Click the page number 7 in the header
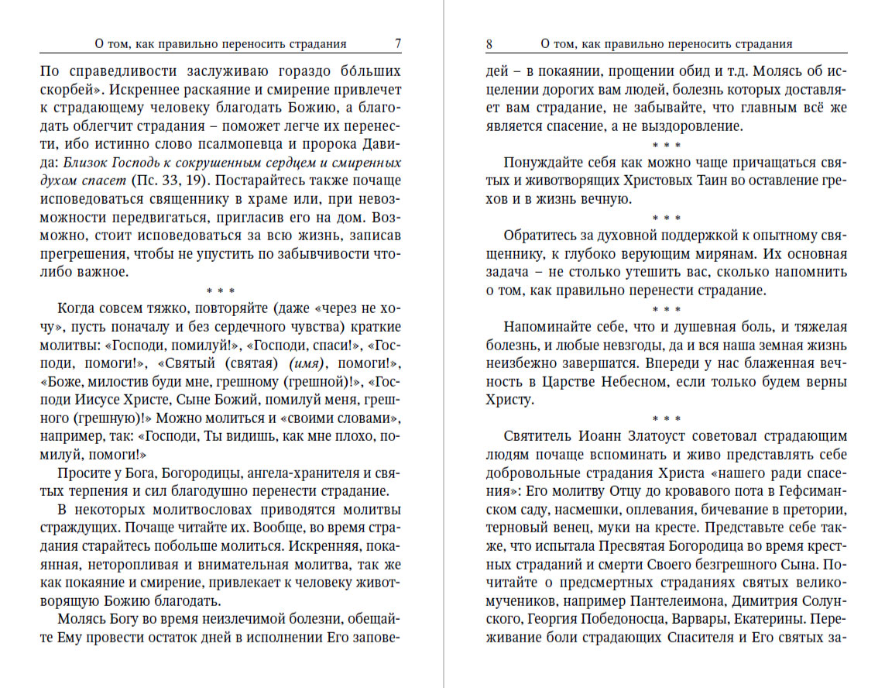[x=397, y=44]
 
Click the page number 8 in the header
[x=489, y=44]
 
